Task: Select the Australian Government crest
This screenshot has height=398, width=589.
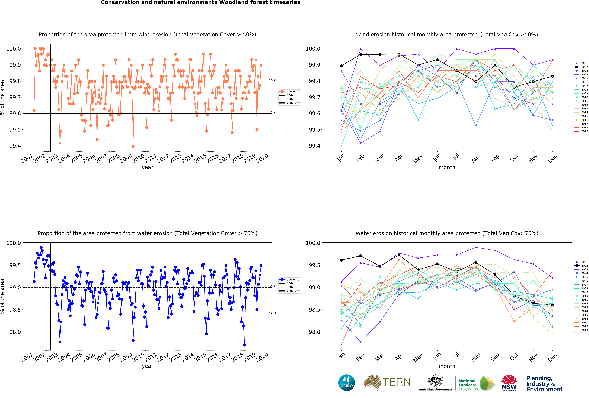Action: (435, 380)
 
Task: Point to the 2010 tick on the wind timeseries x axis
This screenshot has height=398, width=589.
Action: (138, 158)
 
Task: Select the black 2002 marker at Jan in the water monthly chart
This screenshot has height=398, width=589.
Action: (341, 260)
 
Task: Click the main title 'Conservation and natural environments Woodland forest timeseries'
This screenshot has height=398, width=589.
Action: (200, 3)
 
